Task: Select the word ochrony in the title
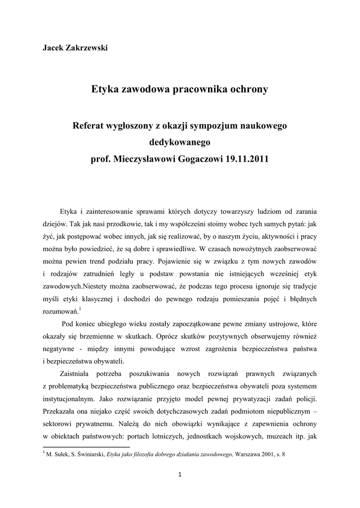249,89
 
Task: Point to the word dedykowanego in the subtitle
180,143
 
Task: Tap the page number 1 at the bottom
180,474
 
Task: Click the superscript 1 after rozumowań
80,309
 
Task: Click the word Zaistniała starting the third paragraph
75,373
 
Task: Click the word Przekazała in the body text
59,411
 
